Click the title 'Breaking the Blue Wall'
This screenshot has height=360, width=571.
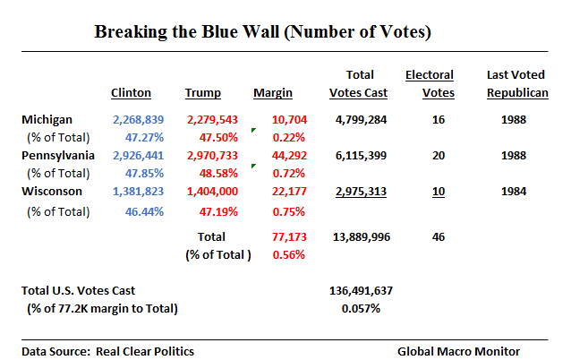pyautogui.click(x=263, y=33)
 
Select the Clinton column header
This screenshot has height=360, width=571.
pyautogui.click(x=131, y=92)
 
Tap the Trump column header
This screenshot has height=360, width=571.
pyautogui.click(x=203, y=92)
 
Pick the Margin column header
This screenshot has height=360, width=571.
pyautogui.click(x=274, y=92)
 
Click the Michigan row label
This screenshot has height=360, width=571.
pyautogui.click(x=48, y=119)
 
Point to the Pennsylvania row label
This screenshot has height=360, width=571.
pyautogui.click(x=58, y=156)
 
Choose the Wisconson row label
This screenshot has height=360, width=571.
pyautogui.click(x=52, y=192)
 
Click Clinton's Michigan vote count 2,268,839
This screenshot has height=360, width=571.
pyautogui.click(x=139, y=119)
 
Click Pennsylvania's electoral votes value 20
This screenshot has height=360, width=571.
pyautogui.click(x=438, y=156)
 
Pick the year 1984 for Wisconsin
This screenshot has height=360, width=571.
pyautogui.click(x=515, y=192)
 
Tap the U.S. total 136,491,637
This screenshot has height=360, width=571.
pyautogui.click(x=362, y=291)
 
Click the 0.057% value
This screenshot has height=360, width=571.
pyautogui.click(x=362, y=309)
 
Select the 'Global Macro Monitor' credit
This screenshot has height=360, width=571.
pyautogui.click(x=460, y=351)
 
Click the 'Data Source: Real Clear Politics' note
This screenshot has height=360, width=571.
pyautogui.click(x=107, y=351)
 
